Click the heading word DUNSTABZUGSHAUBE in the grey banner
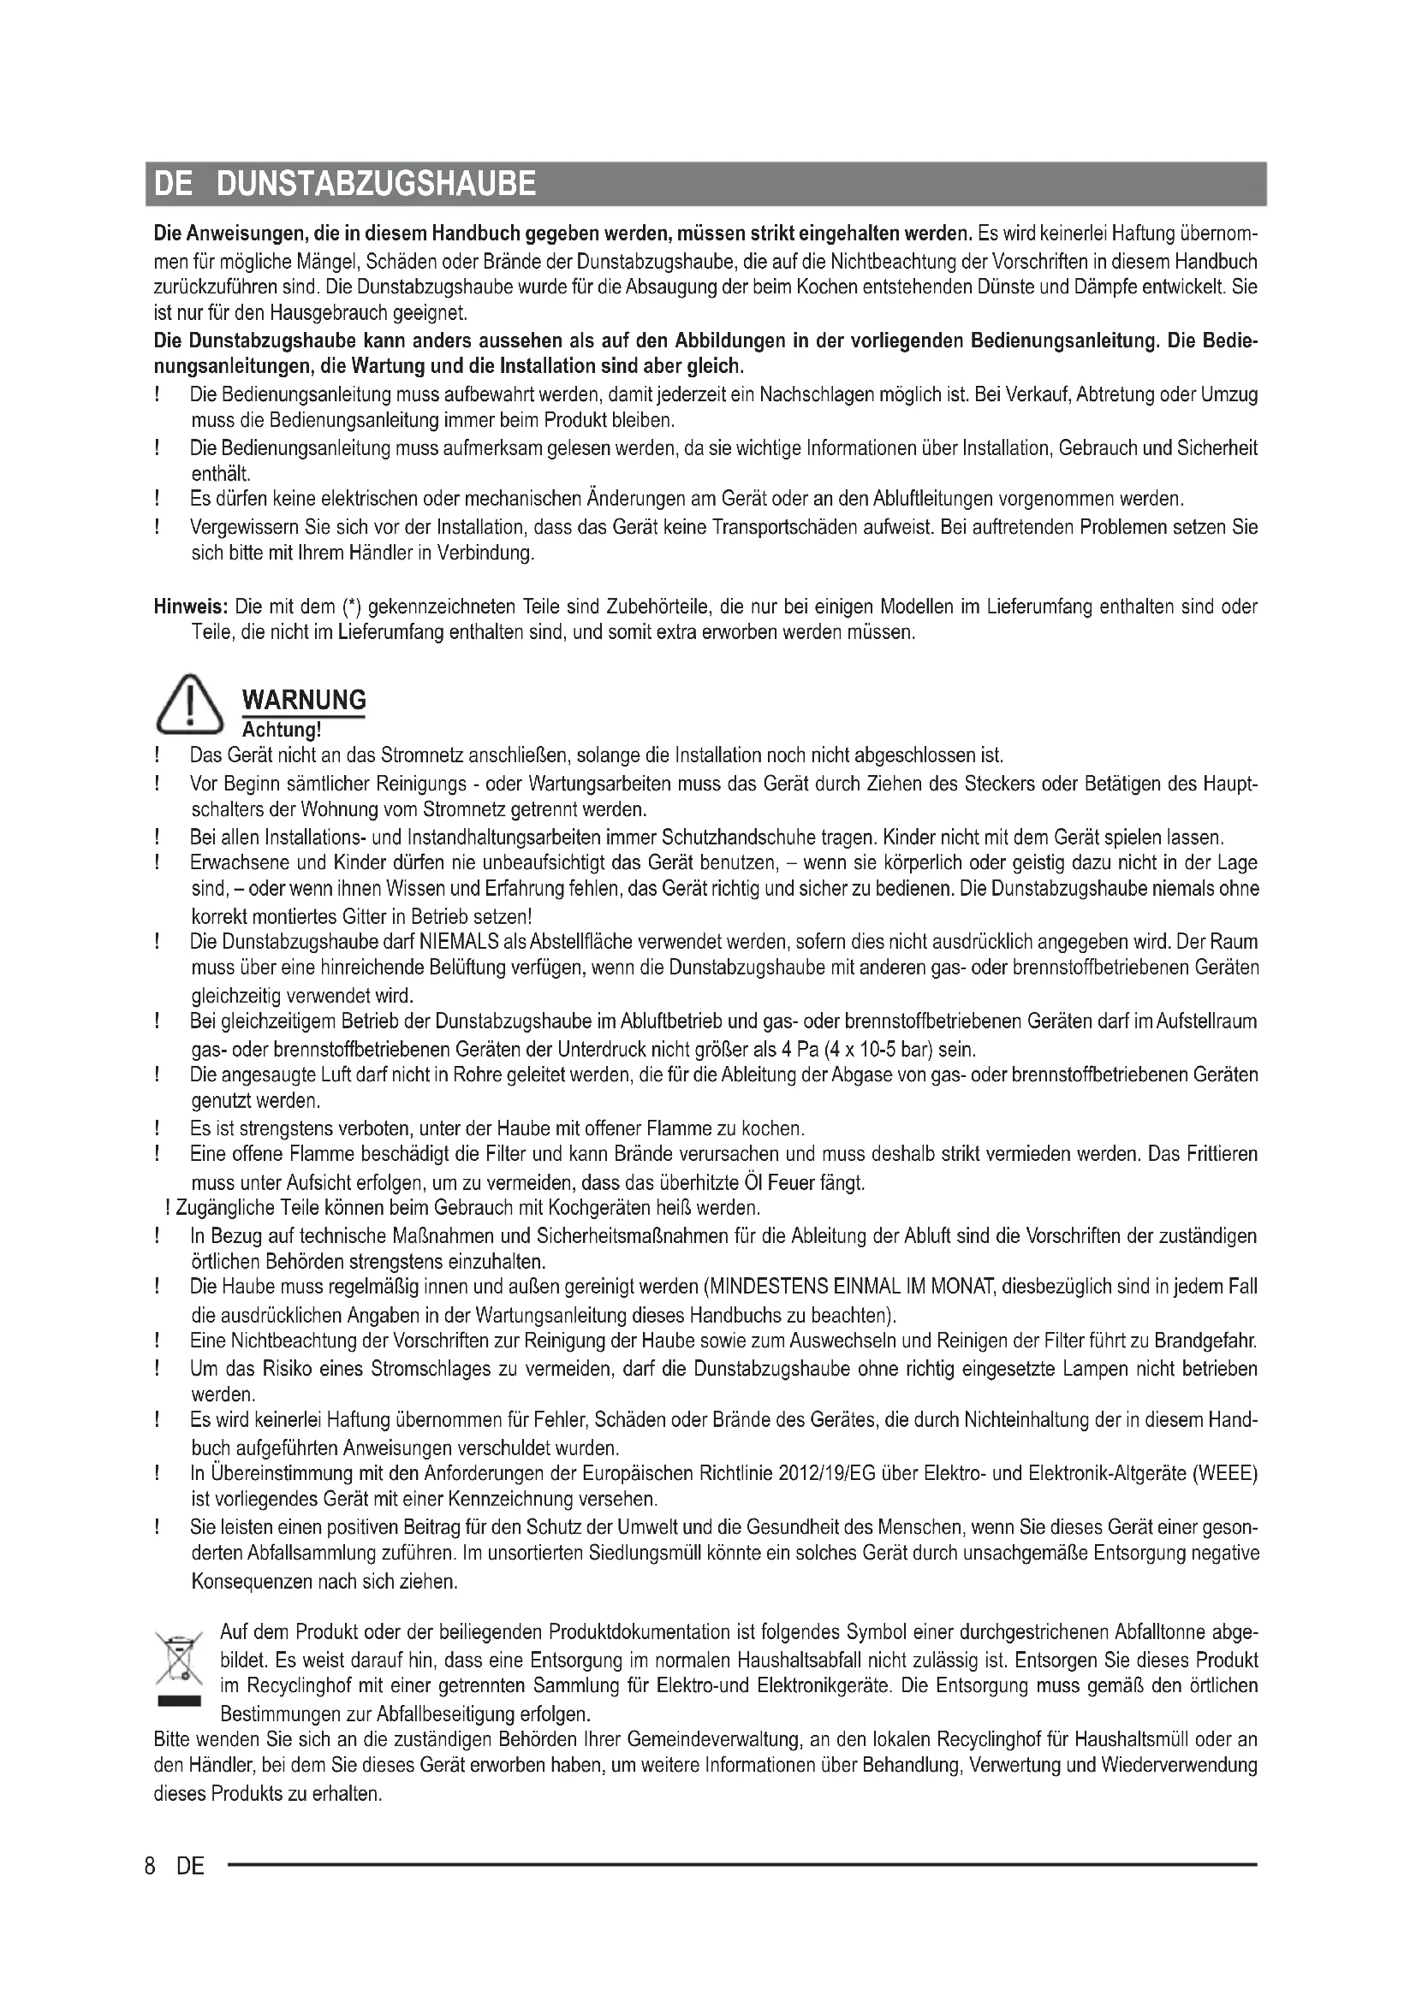(x=375, y=184)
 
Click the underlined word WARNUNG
(x=303, y=700)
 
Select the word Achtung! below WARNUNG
(x=282, y=730)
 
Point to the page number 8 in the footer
(x=151, y=1866)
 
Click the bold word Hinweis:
(x=191, y=607)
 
